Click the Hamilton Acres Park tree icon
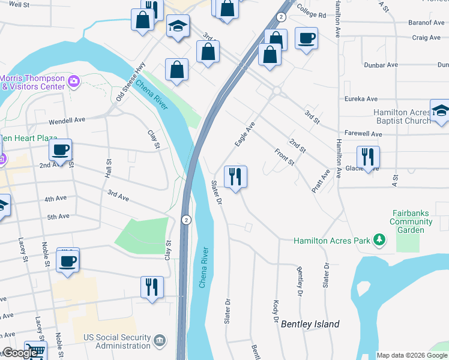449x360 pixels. pyautogui.click(x=379, y=241)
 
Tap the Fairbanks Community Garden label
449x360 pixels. pyautogui.click(x=411, y=221)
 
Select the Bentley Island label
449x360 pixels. pyautogui.click(x=310, y=324)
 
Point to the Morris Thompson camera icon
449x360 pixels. pyautogui.click(x=74, y=82)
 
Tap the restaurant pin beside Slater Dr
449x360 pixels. pyautogui.click(x=235, y=176)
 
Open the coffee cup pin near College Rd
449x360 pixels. pyautogui.click(x=306, y=38)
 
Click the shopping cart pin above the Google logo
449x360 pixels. pyautogui.click(x=35, y=353)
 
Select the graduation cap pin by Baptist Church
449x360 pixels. pyautogui.click(x=440, y=110)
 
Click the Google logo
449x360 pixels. pyautogui.click(x=20, y=353)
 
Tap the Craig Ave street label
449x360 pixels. pyautogui.click(x=426, y=37)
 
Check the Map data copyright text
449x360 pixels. pyautogui.click(x=412, y=355)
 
